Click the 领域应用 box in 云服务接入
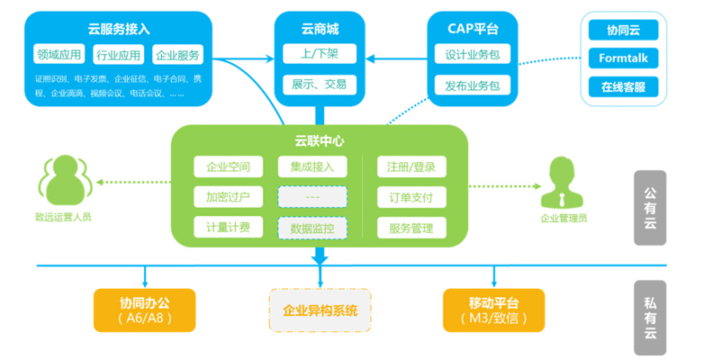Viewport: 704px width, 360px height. [x=59, y=54]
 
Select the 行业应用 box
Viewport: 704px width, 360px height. [x=118, y=54]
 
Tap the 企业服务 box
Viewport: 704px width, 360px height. [x=177, y=54]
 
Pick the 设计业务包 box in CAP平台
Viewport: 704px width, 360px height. [x=473, y=54]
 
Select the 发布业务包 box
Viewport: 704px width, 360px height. [x=473, y=85]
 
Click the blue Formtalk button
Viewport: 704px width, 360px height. [x=623, y=58]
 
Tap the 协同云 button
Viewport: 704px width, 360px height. [x=623, y=30]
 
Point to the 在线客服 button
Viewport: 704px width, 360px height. [x=623, y=87]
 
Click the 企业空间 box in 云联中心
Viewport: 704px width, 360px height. [x=228, y=166]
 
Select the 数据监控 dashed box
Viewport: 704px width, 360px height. [x=311, y=229]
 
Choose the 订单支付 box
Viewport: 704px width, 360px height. [x=411, y=197]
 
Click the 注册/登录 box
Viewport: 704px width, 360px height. [x=411, y=166]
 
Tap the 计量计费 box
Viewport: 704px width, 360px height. [x=228, y=228]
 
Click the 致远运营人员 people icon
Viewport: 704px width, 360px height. [x=63, y=178]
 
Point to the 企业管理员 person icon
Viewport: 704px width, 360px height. [x=563, y=182]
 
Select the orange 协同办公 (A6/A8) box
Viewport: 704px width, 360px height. [x=144, y=308]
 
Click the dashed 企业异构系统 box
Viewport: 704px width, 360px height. [x=320, y=310]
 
